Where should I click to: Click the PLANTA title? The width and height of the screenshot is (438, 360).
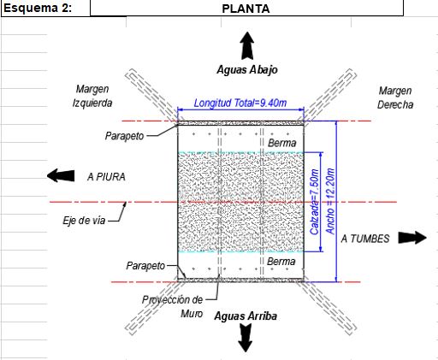246,9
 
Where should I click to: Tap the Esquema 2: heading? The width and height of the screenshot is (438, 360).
38,8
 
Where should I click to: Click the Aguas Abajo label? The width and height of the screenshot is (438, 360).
247,70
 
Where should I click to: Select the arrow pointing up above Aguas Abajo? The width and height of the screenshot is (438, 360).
246,45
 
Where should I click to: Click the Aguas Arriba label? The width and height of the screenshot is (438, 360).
246,316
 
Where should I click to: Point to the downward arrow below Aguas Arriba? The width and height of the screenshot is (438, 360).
246,339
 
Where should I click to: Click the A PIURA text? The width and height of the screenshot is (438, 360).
106,177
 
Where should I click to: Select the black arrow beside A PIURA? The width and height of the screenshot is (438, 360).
61,175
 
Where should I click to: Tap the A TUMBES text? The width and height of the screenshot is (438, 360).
365,239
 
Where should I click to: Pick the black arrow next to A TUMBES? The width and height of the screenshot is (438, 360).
412,238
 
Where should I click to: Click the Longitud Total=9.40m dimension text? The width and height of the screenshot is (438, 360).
240,103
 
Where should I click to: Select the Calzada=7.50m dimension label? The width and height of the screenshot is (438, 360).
314,202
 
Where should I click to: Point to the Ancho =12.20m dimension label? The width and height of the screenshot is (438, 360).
330,201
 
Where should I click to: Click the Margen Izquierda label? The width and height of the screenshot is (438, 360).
92,96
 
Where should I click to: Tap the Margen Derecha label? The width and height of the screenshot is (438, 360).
395,97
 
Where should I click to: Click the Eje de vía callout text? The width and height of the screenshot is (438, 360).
84,221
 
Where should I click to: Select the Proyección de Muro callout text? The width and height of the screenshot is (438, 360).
172,307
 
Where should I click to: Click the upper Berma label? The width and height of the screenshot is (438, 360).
282,143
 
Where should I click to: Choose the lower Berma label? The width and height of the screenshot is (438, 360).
281,262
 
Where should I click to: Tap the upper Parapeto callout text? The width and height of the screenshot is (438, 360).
124,136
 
